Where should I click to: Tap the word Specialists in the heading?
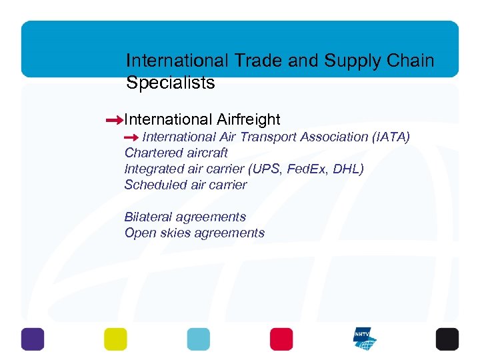click(x=170, y=83)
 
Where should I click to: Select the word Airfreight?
click(x=249, y=119)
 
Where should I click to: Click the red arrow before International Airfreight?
click(x=114, y=120)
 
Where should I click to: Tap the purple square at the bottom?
click(x=33, y=339)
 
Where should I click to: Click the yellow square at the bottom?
click(x=115, y=339)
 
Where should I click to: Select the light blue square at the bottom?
click(x=198, y=339)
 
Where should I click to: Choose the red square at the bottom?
click(x=281, y=339)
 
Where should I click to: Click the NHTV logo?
click(x=365, y=339)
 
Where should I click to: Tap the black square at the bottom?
click(x=447, y=339)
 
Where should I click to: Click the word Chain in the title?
click(x=409, y=61)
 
